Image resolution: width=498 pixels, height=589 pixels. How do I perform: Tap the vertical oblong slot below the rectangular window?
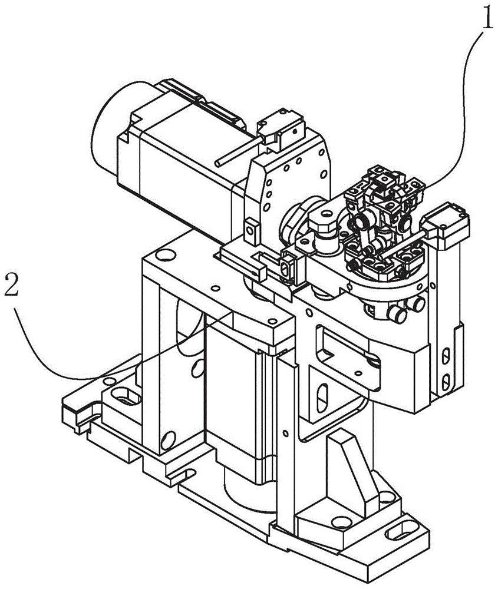click(x=323, y=401)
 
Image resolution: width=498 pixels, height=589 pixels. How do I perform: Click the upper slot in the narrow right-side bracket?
click(x=447, y=356)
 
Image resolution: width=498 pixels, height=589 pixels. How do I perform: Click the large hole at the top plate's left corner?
click(x=166, y=254)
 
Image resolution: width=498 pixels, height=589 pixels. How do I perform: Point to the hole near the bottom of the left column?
click(x=167, y=438)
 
